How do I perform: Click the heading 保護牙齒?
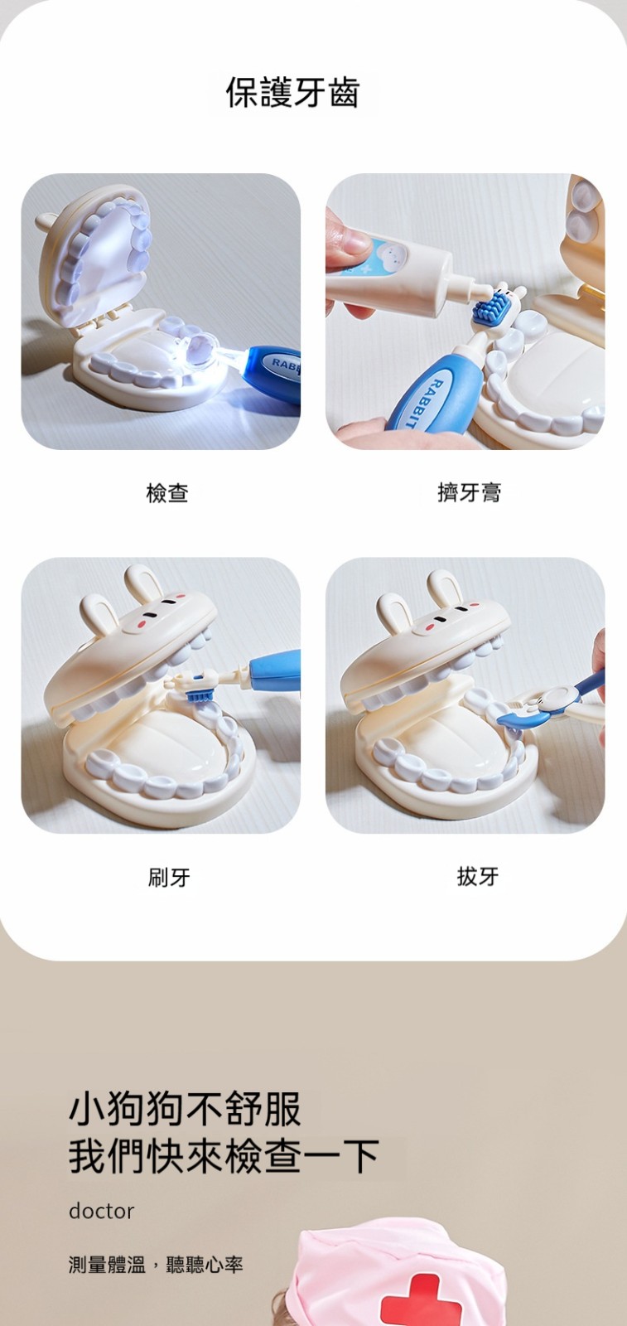pos(293,93)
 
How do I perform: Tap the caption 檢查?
pos(167,492)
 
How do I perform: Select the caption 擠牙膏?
pos(469,492)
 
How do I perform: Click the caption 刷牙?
pos(169,877)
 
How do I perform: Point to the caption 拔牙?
pos(478,876)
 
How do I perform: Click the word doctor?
pos(101,1211)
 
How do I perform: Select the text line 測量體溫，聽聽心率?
pos(156,1265)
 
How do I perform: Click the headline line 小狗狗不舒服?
pos(186,1110)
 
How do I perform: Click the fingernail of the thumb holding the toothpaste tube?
pos(354,239)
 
